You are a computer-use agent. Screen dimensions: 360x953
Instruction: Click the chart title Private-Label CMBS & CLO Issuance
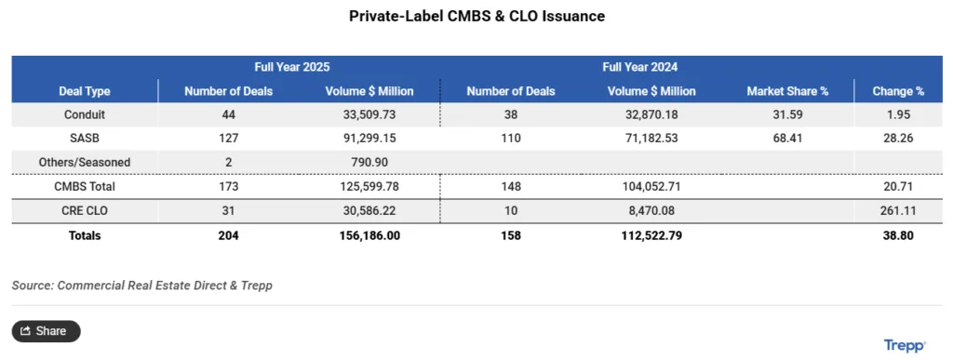pos(476,17)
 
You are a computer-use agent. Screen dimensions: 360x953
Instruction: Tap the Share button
pos(46,331)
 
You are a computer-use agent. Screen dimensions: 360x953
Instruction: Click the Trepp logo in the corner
pos(904,346)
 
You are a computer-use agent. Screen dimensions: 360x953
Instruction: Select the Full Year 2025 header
pos(291,68)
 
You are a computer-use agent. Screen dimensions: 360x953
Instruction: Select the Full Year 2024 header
pos(639,68)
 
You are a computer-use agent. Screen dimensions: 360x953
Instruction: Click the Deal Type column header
pos(84,91)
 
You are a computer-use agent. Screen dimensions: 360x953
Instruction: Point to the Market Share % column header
pos(787,91)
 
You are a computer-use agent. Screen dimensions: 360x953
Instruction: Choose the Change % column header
pos(898,91)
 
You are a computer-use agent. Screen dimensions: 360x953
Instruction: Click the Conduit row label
pos(84,115)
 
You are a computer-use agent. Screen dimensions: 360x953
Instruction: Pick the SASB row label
pos(84,139)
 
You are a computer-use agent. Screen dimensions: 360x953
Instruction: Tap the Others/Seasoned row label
pos(84,163)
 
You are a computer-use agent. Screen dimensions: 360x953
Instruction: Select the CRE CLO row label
pos(84,211)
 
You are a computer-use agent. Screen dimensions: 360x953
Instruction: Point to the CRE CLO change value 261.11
pos(898,211)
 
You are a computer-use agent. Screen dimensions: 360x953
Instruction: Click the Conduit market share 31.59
pos(787,115)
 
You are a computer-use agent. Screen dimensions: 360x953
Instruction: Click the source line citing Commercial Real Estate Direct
pos(141,286)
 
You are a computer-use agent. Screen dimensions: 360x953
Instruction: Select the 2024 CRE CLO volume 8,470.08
pos(651,211)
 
